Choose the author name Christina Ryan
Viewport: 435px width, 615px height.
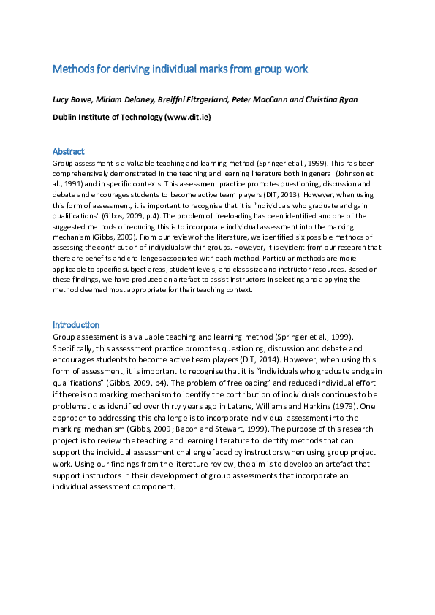(328, 99)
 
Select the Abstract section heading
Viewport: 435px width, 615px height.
(69, 151)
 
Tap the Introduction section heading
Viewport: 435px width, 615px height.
(76, 324)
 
